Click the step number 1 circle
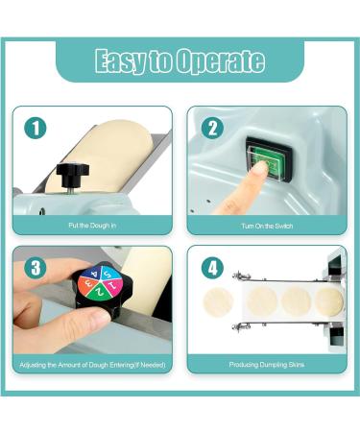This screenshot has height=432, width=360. pyautogui.click(x=36, y=129)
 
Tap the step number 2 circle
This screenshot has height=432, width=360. pyautogui.click(x=212, y=129)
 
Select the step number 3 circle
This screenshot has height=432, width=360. pyautogui.click(x=36, y=268)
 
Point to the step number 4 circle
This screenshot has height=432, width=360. pyautogui.click(x=212, y=268)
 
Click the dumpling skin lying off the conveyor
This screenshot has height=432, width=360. pyautogui.click(x=219, y=301)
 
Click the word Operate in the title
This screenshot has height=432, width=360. pyautogui.click(x=221, y=60)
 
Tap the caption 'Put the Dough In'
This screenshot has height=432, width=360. pyautogui.click(x=92, y=226)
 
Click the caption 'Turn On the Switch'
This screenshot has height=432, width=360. pyautogui.click(x=267, y=226)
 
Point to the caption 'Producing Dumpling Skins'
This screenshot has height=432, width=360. pyautogui.click(x=267, y=365)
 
